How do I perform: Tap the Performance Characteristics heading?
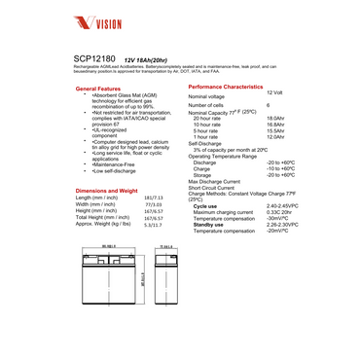tap(224, 87)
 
